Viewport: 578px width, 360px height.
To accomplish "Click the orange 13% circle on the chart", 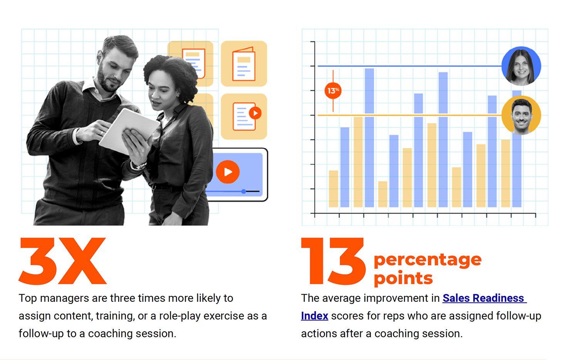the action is [x=333, y=90].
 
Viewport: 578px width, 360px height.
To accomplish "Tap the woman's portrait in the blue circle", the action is [x=521, y=66].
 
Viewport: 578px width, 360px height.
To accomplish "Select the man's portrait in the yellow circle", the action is [x=521, y=115].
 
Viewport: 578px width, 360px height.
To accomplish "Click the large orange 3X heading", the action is [x=62, y=261].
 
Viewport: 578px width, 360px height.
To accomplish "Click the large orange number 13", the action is [x=333, y=261].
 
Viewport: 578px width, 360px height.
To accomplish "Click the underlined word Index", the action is [x=314, y=316].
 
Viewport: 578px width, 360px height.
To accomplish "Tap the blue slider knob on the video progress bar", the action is [x=244, y=191].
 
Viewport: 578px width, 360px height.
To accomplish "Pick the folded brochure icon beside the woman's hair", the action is [x=244, y=64].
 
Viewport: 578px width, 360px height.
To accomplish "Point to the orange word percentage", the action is [x=428, y=260].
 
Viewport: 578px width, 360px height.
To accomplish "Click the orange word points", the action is [x=403, y=278].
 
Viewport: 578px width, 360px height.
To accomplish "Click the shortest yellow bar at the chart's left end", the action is [x=333, y=189].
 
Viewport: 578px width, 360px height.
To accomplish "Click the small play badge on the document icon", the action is [x=255, y=113].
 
